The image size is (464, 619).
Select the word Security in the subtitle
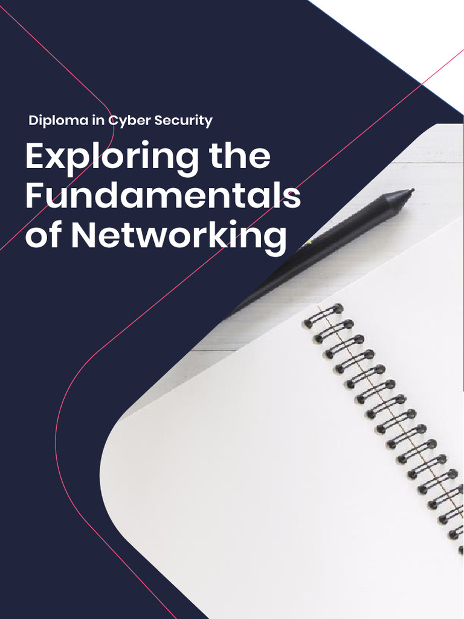pyautogui.click(x=183, y=120)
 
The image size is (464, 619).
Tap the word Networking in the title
pyautogui.click(x=179, y=236)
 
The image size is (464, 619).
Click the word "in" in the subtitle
pyautogui.click(x=98, y=120)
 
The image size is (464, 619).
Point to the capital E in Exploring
pyautogui.click(x=35, y=157)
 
